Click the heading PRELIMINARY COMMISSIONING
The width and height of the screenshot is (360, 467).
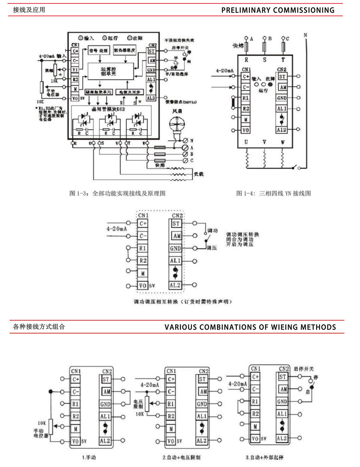click(278, 10)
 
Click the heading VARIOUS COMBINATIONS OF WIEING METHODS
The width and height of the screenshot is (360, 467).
click(250, 327)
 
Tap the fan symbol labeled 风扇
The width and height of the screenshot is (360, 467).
click(177, 124)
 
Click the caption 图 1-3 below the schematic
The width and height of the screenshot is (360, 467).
click(117, 193)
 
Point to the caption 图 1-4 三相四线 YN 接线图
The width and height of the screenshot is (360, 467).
click(273, 193)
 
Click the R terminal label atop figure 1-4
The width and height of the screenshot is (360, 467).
click(246, 60)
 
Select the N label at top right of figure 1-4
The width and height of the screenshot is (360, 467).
click(305, 35)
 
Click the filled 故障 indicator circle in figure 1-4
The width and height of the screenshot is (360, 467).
click(270, 84)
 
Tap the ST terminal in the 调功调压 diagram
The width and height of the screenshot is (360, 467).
click(176, 223)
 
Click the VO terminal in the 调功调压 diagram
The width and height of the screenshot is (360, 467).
click(143, 285)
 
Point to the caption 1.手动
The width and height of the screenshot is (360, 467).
click(89, 457)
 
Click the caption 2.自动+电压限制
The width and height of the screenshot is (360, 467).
click(181, 457)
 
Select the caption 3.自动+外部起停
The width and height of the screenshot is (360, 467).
click(264, 457)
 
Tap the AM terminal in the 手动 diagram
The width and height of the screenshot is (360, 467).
click(107, 391)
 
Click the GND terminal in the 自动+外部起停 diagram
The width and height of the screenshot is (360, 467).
click(282, 401)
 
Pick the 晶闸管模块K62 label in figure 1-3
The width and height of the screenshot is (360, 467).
click(108, 109)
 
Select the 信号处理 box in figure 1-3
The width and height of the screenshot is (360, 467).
click(99, 51)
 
